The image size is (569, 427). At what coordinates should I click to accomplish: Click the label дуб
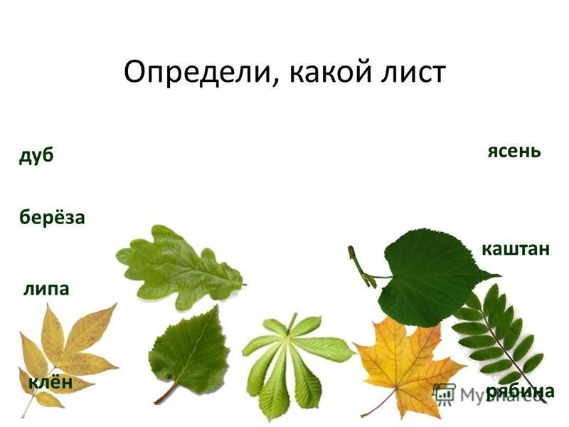click(36, 155)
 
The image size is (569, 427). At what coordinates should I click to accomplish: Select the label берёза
click(52, 217)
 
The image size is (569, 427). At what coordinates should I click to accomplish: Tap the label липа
click(46, 289)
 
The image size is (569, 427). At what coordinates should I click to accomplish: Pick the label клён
click(50, 382)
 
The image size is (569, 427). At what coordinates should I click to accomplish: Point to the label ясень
click(514, 151)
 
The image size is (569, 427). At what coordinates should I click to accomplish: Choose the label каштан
click(516, 250)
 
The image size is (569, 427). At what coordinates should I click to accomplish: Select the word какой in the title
click(330, 72)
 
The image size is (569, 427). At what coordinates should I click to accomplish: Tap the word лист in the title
click(413, 73)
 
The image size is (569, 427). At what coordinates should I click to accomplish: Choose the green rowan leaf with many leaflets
click(501, 339)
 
